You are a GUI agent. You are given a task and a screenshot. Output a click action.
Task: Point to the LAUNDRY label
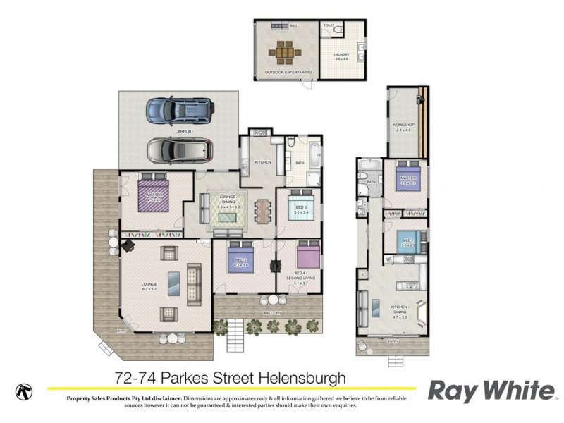pyautogui.click(x=342, y=54)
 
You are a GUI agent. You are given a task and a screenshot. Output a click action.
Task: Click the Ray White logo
pyautogui.click(x=491, y=390)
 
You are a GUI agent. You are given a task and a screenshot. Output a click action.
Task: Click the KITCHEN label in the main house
pyautogui.click(x=262, y=162)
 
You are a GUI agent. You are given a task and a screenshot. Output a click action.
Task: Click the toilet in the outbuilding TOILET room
pyautogui.click(x=338, y=32)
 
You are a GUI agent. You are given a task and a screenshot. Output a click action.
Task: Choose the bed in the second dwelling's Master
pyautogui.click(x=407, y=180)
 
